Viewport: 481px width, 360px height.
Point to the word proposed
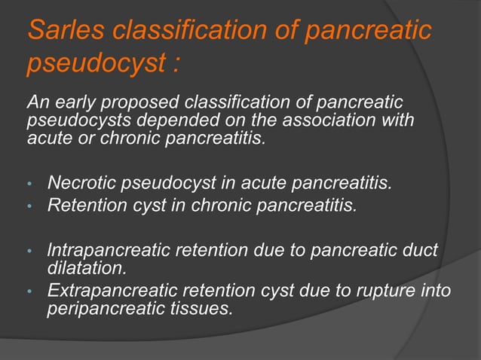click(140, 103)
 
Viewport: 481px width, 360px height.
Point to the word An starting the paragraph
click(36, 102)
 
